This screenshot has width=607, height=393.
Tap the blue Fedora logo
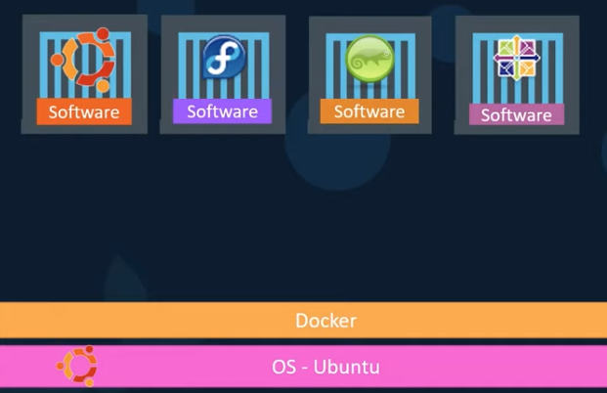[223, 58]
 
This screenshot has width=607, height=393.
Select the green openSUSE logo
[369, 59]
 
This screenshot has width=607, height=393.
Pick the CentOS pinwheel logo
[517, 59]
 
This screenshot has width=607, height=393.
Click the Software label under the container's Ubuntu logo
[84, 111]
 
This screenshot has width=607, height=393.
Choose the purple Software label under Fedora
[222, 110]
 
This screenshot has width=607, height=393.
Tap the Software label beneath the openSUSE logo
[369, 110]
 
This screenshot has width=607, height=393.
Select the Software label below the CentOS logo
[516, 114]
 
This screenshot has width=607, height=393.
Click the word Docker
[325, 321]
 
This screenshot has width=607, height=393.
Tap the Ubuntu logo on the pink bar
[76, 367]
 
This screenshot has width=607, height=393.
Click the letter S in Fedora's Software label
[192, 111]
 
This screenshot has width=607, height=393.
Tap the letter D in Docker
[301, 321]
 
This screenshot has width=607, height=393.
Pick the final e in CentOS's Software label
[546, 115]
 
